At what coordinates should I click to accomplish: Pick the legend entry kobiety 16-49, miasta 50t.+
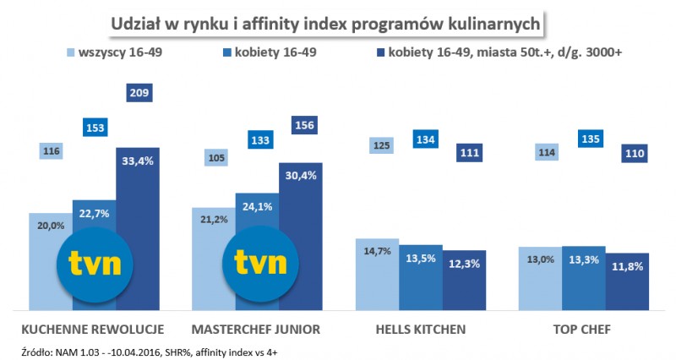(498, 53)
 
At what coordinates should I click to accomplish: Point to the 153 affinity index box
(95, 128)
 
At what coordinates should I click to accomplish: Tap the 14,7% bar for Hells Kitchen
(378, 275)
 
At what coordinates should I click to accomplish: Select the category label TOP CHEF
(584, 328)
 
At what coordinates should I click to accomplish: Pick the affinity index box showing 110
(628, 153)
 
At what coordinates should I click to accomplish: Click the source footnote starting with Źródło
(153, 349)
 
